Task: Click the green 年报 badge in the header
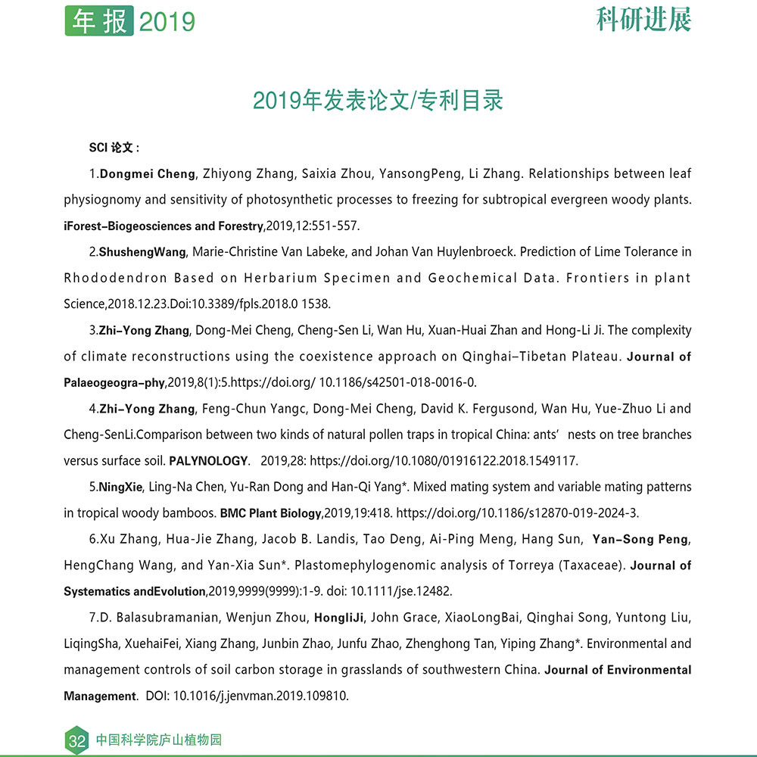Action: coord(99,20)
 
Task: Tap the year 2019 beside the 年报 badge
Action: coord(167,22)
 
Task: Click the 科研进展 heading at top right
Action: coord(643,20)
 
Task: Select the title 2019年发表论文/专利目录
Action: coord(378,100)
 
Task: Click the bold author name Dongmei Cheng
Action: coord(148,174)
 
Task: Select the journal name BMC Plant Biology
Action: coord(270,513)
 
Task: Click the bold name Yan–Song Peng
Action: coord(640,540)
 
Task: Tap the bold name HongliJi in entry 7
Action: coord(339,618)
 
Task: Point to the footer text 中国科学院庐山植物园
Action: coord(159,740)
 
